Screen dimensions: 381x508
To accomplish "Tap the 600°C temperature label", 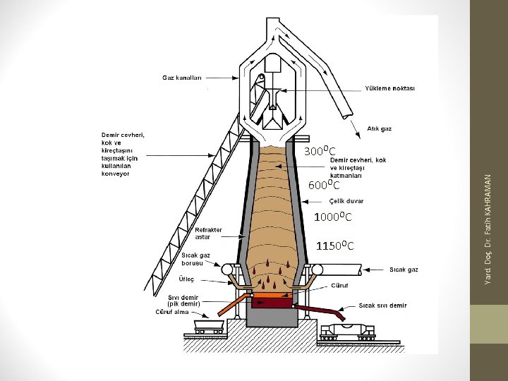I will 325,186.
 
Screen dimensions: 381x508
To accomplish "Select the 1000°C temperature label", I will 333,216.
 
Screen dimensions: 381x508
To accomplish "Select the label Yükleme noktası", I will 390,89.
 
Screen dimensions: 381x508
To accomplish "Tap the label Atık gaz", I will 379,128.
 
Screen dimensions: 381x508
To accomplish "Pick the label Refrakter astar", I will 208,234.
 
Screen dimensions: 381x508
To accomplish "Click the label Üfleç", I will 186,279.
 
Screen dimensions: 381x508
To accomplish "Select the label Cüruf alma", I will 171,312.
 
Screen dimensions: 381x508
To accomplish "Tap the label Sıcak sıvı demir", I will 382,306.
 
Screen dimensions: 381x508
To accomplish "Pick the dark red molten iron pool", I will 271,303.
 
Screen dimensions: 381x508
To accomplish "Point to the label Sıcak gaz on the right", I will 404,270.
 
